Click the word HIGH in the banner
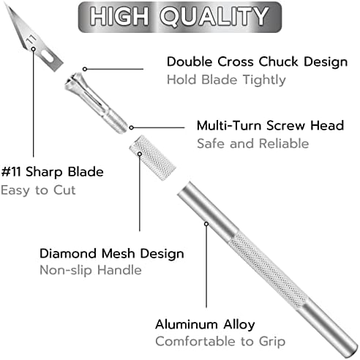[x=119, y=16]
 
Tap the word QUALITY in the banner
[x=214, y=16]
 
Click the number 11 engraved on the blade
[x=31, y=40]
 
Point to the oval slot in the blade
[x=48, y=56]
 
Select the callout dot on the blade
[x=34, y=49]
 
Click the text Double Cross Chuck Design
[x=257, y=61]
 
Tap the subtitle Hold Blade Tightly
[x=226, y=80]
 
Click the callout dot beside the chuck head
[x=85, y=70]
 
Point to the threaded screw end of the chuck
[x=116, y=121]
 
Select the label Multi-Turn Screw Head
[x=270, y=125]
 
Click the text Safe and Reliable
[x=253, y=143]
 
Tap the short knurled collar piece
[x=152, y=158]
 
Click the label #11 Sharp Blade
[x=52, y=172]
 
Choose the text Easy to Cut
[x=38, y=190]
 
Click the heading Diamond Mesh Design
[x=112, y=254]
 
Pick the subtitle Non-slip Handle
[x=91, y=270]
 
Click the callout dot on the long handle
[x=206, y=224]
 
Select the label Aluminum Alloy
[x=205, y=325]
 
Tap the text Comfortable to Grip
[x=220, y=342]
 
